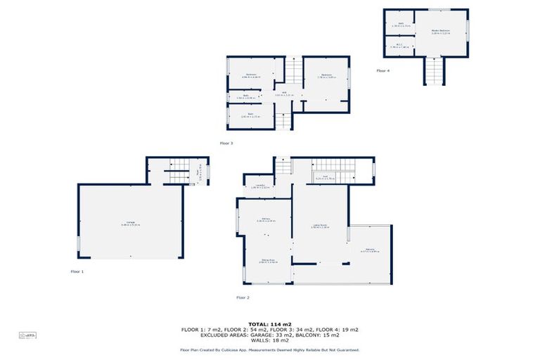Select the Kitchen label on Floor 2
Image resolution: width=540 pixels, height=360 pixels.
pyautogui.click(x=265, y=221)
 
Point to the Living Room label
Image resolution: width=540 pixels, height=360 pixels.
pyautogui.click(x=320, y=226)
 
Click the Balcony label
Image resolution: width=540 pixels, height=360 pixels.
pyautogui.click(x=370, y=251)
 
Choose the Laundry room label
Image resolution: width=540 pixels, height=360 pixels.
pyautogui.click(x=258, y=187)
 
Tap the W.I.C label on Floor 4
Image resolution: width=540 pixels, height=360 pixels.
pyautogui.click(x=399, y=46)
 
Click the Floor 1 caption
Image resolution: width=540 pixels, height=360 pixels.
pyautogui.click(x=77, y=271)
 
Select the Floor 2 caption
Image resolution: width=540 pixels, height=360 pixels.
pyautogui.click(x=243, y=297)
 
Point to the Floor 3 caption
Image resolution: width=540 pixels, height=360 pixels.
pyautogui.click(x=226, y=143)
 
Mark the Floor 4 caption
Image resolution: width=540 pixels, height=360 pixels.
pyautogui.click(x=382, y=71)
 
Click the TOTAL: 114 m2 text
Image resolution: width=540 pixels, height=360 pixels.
pyautogui.click(x=270, y=323)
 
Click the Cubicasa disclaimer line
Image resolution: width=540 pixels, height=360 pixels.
pyautogui.click(x=270, y=349)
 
